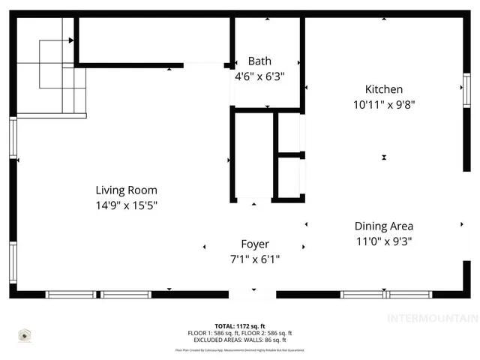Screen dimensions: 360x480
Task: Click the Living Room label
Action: [x=126, y=190]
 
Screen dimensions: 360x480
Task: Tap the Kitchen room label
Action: [x=383, y=89]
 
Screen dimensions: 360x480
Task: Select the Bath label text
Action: [x=259, y=61]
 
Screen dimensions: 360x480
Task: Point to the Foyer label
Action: [x=254, y=244]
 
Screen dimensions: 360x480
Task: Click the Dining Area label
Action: [x=383, y=226]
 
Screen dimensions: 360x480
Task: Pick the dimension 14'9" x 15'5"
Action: [x=126, y=205]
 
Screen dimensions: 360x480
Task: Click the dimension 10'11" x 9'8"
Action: [x=383, y=105]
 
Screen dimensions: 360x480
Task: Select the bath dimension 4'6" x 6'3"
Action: [x=259, y=76]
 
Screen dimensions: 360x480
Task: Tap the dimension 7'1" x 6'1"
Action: [x=254, y=259]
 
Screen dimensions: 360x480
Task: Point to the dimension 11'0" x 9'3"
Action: [x=383, y=241]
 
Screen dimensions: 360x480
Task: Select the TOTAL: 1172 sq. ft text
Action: [x=240, y=326]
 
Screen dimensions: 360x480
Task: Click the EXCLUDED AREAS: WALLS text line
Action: [x=240, y=340]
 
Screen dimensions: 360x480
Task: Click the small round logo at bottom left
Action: [x=25, y=334]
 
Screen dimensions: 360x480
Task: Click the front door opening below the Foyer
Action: [x=253, y=294]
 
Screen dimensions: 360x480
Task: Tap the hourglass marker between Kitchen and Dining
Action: [x=384, y=157]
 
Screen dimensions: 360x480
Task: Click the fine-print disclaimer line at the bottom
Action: [x=240, y=349]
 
